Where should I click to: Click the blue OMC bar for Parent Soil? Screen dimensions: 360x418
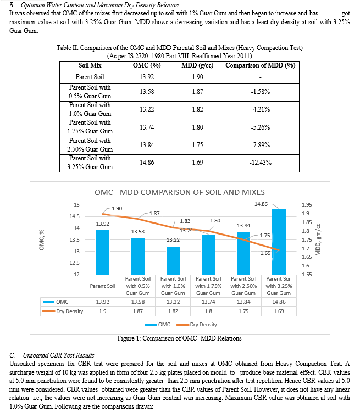pos(102,252)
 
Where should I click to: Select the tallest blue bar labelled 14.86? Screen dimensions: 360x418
pos(279,242)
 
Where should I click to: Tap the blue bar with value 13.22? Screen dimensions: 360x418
pos(173,260)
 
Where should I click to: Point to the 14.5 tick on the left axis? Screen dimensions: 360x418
pos(74,216)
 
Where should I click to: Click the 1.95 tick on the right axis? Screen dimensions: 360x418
pos(307,205)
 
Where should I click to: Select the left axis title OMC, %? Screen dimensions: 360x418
pos(41,239)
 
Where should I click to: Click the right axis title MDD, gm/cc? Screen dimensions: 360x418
pos(318,239)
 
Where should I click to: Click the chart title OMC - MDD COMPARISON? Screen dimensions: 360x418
pos(180,192)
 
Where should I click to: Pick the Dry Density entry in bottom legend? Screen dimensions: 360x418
pos(197,325)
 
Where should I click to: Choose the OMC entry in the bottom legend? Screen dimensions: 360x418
pos(158,325)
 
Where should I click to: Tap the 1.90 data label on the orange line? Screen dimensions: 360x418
pos(117,209)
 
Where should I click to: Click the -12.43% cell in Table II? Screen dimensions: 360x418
pos(261,163)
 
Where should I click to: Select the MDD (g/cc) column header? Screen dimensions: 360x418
pos(197,65)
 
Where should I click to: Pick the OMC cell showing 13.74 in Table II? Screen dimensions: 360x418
pos(147,127)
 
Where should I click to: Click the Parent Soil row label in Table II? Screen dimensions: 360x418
pos(90,77)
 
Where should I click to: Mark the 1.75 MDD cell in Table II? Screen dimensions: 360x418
pos(198,145)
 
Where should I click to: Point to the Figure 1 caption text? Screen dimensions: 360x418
pos(180,338)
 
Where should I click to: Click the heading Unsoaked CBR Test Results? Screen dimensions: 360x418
pos(58,355)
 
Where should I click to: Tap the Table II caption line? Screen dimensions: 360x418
pos(180,48)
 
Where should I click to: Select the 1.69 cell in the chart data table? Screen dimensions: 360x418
pos(279,311)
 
